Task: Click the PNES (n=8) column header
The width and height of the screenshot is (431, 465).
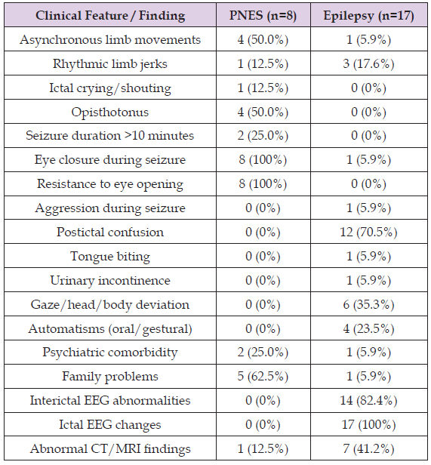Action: coord(263,15)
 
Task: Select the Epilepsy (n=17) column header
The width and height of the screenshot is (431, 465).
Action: coord(368,15)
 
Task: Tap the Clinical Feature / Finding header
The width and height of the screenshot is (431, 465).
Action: coord(110,15)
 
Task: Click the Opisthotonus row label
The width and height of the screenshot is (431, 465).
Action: coord(110,112)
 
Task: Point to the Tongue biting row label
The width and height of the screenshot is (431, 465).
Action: coord(110,257)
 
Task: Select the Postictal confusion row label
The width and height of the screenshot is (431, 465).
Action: coord(110,232)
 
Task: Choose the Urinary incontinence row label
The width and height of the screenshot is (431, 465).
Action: coord(110,281)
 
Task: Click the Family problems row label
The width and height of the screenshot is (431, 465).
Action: coord(110,377)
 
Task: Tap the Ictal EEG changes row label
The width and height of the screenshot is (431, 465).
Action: coord(110,425)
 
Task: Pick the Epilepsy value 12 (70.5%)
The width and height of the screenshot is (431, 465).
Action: coord(368,232)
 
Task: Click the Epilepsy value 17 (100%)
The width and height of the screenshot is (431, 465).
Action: coord(368,425)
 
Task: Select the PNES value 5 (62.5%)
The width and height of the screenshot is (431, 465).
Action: coord(263,377)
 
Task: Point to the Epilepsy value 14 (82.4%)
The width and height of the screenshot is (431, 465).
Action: coord(368,401)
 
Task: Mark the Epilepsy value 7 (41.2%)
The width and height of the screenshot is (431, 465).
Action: coord(368,448)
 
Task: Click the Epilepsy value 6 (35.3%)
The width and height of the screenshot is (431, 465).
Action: coord(368,304)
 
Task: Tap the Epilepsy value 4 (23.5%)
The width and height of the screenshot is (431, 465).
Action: coord(368,328)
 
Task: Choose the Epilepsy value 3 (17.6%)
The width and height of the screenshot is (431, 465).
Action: coord(368,63)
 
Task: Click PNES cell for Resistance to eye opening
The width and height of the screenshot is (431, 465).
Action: coord(263,184)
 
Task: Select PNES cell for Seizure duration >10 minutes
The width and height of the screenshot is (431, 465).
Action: coord(263,136)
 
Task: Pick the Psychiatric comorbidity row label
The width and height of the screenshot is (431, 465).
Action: coord(110,353)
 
